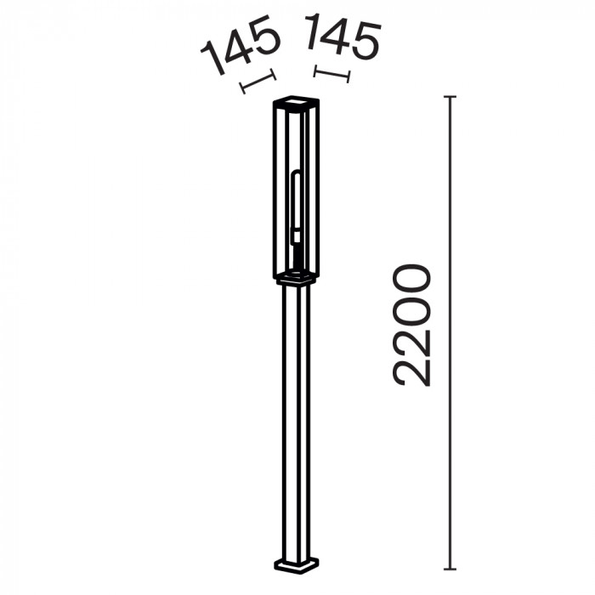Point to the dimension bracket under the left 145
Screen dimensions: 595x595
click(258, 82)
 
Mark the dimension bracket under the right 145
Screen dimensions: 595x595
click(331, 74)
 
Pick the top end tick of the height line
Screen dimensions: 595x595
click(450, 97)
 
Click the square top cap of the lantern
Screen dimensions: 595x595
click(296, 101)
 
